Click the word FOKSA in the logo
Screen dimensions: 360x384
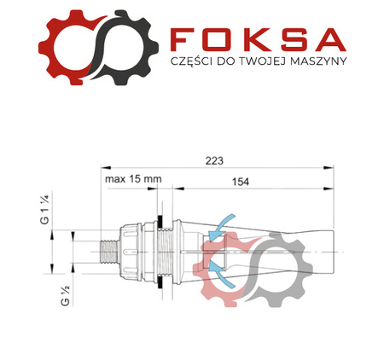point(258,38)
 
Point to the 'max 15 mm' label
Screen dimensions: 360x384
point(133,181)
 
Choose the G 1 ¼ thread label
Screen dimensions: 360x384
point(45,211)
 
